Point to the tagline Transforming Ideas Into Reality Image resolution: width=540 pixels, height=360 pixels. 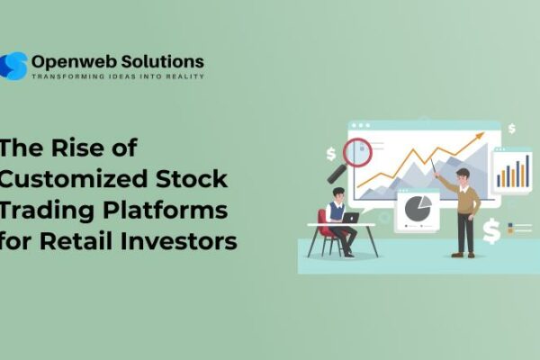(x=118, y=77)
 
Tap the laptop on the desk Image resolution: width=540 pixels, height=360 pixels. (x=350, y=218)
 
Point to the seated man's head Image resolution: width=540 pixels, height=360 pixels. (x=336, y=194)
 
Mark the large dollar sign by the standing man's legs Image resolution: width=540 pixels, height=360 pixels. (x=491, y=232)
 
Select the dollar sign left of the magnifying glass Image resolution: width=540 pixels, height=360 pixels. (x=331, y=155)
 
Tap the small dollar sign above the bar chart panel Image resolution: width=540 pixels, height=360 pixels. (x=511, y=129)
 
